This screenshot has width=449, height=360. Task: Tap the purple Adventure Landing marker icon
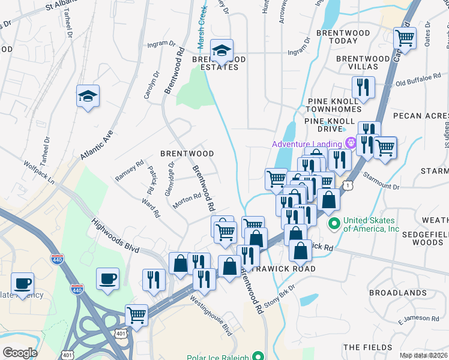[349, 143]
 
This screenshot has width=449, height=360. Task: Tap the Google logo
[20, 353]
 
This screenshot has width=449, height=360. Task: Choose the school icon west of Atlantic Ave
[88, 96]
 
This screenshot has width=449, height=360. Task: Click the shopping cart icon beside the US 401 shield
[137, 314]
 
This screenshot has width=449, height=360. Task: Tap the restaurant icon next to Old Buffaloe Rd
[363, 88]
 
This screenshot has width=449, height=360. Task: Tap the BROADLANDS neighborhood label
[397, 293]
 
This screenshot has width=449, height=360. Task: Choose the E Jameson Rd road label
[418, 318]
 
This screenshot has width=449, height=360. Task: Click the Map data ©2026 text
[423, 355]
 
